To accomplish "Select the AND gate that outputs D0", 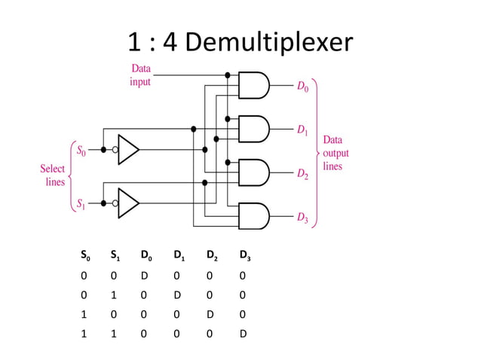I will point(253,85).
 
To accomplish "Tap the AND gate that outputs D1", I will point(253,129).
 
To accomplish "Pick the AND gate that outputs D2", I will point(253,172).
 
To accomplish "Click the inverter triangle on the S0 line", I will point(128,150).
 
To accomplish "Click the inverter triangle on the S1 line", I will point(128,202).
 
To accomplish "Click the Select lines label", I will point(52,175).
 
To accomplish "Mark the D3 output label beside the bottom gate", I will point(302,218).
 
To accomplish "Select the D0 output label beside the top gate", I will point(302,88).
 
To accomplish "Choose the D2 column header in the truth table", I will point(213,258).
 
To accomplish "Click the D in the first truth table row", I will point(145,276).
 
